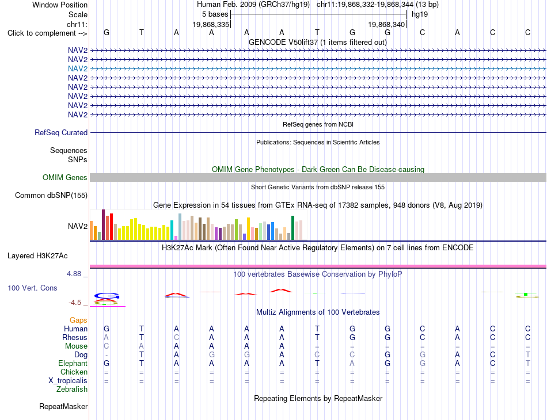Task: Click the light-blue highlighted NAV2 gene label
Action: click(x=78, y=68)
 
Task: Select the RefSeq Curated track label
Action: click(x=61, y=132)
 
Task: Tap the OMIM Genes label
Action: click(x=65, y=177)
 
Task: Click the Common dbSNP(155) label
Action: click(x=51, y=195)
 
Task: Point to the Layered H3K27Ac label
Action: click(x=37, y=256)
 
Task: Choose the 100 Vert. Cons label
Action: click(x=32, y=288)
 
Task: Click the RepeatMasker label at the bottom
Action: click(x=63, y=406)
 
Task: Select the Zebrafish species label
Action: click(x=72, y=389)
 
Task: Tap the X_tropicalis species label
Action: click(x=68, y=381)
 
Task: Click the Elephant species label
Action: click(x=73, y=363)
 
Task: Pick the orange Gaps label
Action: click(x=78, y=320)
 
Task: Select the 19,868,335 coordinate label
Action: click(x=211, y=24)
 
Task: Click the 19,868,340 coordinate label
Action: click(x=386, y=24)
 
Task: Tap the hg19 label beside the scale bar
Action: click(x=420, y=14)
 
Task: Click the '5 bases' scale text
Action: click(x=215, y=14)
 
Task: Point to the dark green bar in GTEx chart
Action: click(x=293, y=228)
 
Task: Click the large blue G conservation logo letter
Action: click(x=107, y=296)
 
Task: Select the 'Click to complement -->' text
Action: click(x=47, y=33)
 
